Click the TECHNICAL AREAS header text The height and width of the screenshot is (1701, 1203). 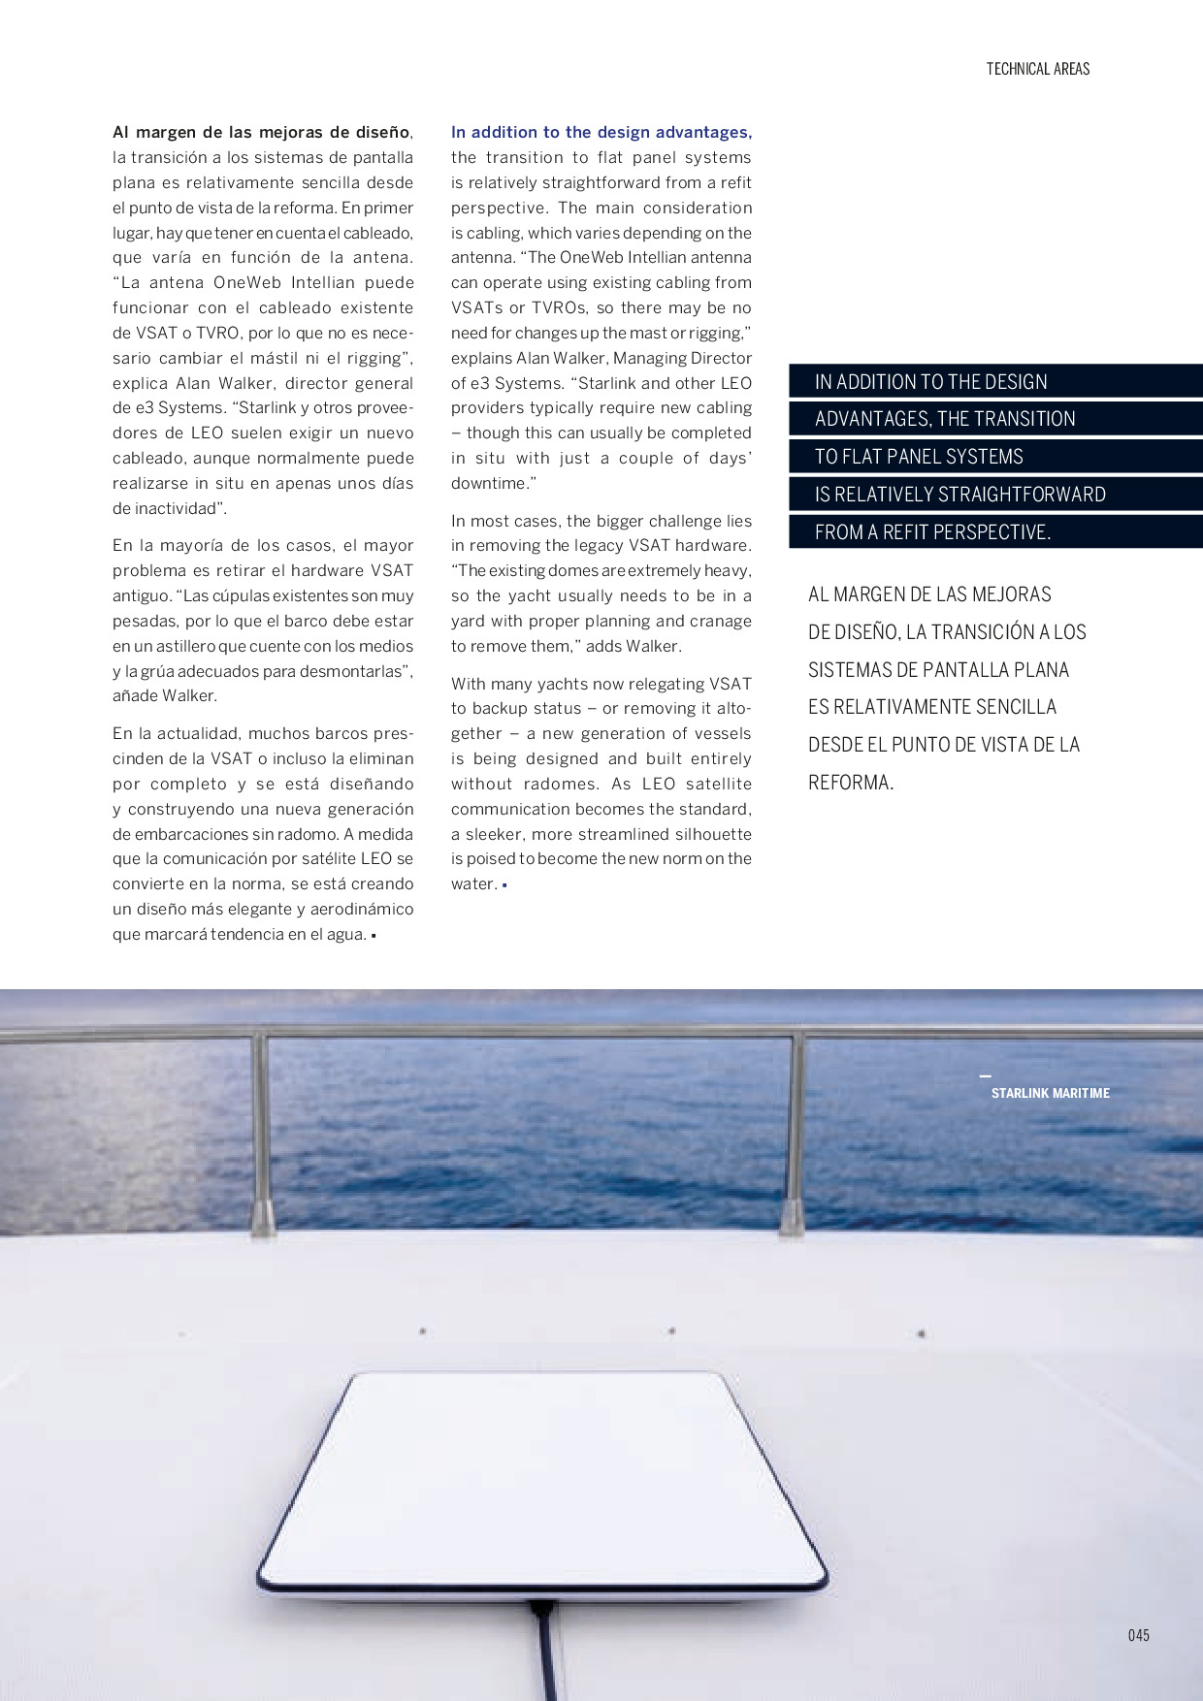pyautogui.click(x=1037, y=69)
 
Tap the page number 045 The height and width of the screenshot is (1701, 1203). pyautogui.click(x=1138, y=1635)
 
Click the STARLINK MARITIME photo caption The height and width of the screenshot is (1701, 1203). pyautogui.click(x=1050, y=1093)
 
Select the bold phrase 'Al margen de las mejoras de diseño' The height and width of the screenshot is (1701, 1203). pyautogui.click(x=261, y=132)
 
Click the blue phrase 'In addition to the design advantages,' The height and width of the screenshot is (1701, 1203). pyautogui.click(x=601, y=132)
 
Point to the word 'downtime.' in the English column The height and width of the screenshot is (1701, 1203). pyautogui.click(x=493, y=483)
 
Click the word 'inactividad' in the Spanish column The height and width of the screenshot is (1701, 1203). pyautogui.click(x=175, y=508)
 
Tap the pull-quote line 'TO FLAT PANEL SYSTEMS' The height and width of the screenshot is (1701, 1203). pyautogui.click(x=919, y=457)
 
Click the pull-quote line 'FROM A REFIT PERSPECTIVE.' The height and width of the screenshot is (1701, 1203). pyautogui.click(x=932, y=532)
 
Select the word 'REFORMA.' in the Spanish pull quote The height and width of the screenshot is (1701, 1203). pyautogui.click(x=851, y=783)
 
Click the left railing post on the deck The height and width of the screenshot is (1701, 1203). pyautogui.click(x=261, y=1135)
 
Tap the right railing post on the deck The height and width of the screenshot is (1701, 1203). pyautogui.click(x=794, y=1135)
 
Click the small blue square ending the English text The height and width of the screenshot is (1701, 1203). pyautogui.click(x=504, y=885)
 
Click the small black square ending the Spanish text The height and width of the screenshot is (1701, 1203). pyautogui.click(x=374, y=936)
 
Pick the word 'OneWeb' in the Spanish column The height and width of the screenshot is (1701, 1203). pyautogui.click(x=246, y=282)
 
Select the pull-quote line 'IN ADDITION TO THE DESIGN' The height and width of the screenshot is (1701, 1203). pyautogui.click(x=930, y=382)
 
